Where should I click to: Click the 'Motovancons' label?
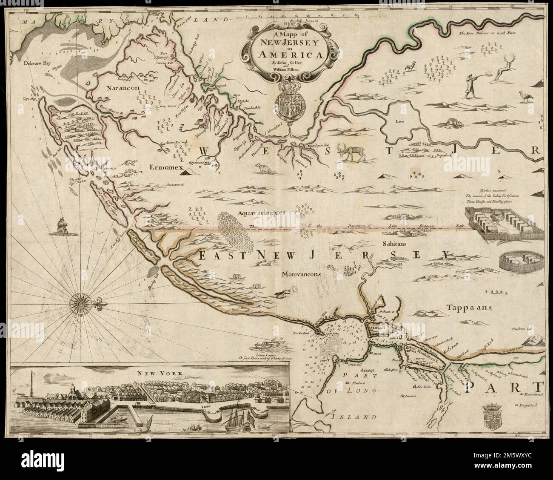click(x=300, y=275)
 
